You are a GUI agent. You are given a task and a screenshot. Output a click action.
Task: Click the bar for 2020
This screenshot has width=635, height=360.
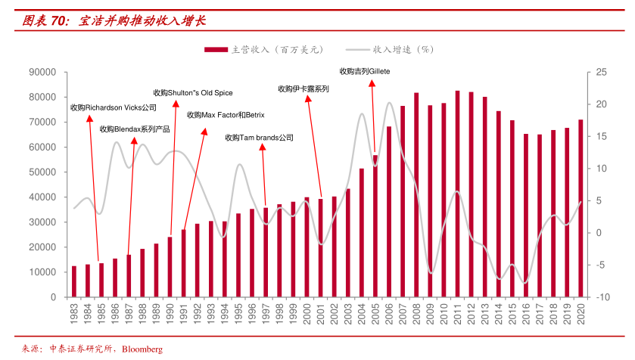(x=581, y=207)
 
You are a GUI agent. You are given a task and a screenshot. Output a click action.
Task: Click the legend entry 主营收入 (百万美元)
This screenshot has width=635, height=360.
(x=265, y=50)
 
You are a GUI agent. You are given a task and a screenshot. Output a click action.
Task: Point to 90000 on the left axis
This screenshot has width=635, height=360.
(x=42, y=73)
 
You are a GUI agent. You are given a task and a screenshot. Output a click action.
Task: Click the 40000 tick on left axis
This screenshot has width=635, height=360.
(x=42, y=197)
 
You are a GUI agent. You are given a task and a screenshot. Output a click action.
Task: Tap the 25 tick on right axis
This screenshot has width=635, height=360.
(x=601, y=73)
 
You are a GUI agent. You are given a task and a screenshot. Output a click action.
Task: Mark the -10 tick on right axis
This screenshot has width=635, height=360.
(x=601, y=297)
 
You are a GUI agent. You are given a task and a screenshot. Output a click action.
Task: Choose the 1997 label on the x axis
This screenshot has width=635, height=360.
(x=265, y=312)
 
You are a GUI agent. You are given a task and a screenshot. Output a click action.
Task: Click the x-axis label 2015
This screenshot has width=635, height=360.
(x=512, y=312)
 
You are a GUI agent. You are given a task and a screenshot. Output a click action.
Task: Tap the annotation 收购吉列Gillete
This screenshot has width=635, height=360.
(x=365, y=71)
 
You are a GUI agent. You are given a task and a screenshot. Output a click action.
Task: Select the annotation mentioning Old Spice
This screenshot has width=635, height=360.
(x=193, y=93)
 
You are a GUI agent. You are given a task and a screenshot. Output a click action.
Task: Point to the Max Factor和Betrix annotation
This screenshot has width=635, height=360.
(x=226, y=115)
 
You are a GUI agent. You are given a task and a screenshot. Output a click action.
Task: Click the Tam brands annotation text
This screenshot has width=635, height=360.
(x=259, y=138)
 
